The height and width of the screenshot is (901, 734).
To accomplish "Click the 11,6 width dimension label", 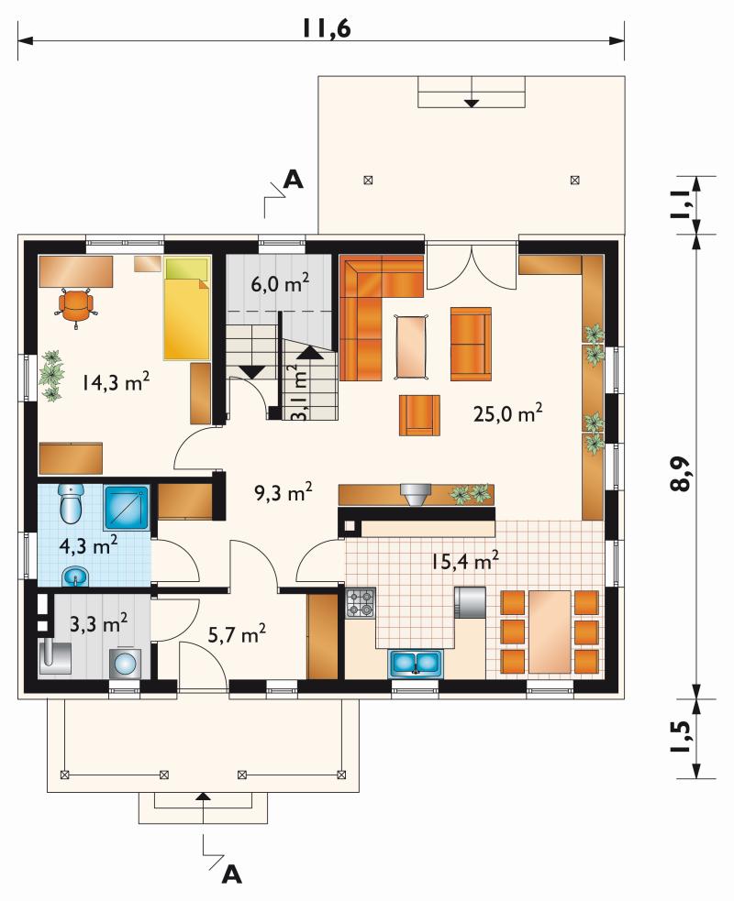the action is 326,28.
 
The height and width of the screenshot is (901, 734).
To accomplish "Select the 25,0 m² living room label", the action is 508,412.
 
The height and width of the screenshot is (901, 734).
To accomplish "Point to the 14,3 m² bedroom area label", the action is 116,381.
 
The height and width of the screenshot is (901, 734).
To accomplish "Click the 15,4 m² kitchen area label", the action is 465,560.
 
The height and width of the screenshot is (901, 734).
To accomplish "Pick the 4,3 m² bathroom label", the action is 89,544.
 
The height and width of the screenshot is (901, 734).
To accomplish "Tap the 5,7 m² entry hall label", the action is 237,634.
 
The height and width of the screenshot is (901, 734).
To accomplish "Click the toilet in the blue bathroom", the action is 72,503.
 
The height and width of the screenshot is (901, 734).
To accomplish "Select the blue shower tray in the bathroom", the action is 127,508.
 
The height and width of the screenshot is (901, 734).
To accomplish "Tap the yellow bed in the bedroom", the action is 187,309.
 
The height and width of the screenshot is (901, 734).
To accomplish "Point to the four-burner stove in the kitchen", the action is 361,603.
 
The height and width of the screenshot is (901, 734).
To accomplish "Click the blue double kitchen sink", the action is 416,663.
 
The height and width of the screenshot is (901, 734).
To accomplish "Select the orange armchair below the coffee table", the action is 420,415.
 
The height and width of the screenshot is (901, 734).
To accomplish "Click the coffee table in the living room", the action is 411,346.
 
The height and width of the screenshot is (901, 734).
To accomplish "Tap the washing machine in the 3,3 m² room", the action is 124,664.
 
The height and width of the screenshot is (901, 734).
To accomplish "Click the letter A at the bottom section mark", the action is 231,874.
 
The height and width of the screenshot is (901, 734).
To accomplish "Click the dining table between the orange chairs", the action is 550,632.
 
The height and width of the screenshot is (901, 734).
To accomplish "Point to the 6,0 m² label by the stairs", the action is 280,282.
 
